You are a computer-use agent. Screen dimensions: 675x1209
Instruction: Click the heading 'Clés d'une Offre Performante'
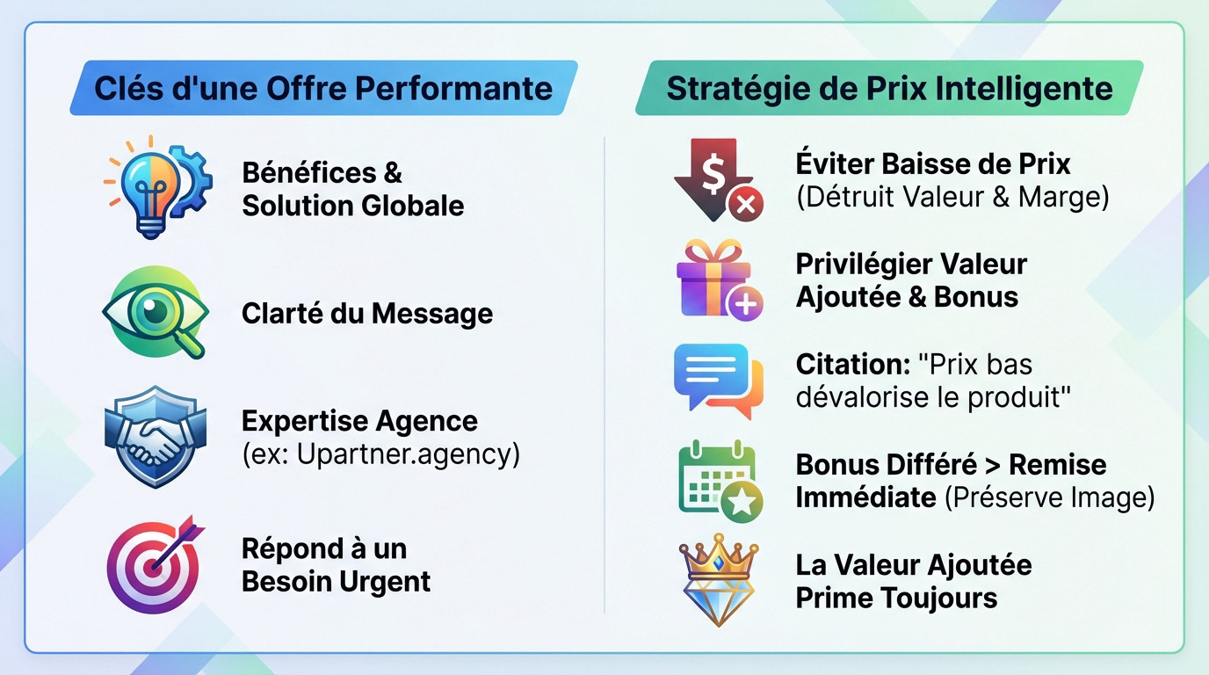pos(323,88)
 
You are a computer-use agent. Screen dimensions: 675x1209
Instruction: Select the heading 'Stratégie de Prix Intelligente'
pos(889,88)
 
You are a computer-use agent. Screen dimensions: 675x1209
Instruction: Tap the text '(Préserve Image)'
pos(1049,497)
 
